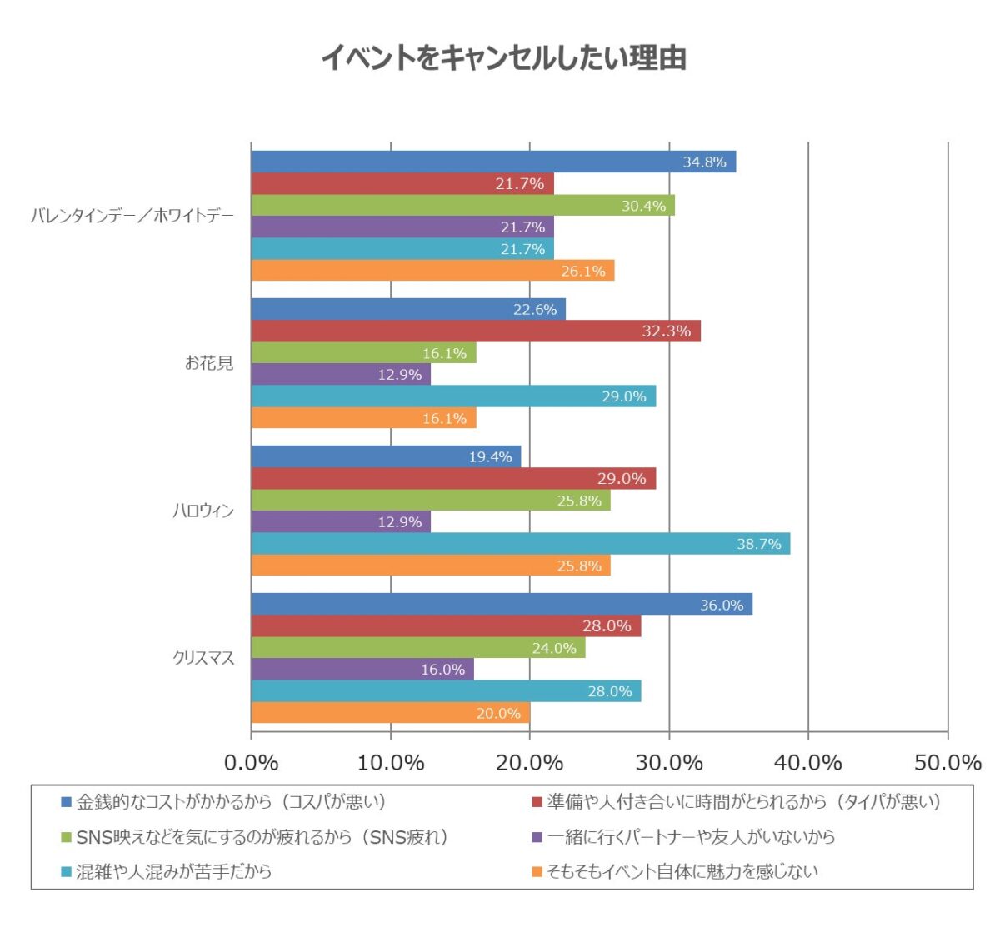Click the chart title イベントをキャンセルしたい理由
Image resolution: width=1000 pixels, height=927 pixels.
503,58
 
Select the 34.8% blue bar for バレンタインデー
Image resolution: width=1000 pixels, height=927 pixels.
493,162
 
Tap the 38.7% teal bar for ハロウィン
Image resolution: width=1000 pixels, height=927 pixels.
520,544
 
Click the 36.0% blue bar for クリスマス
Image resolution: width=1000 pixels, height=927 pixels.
502,605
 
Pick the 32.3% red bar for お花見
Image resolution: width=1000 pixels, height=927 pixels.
476,331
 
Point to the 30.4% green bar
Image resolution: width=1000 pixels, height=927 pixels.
462,206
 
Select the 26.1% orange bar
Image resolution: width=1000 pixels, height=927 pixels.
432,271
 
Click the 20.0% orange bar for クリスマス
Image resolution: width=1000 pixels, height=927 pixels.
390,713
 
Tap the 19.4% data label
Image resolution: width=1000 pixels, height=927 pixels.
490,457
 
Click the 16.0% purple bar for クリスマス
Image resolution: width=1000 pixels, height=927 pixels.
362,670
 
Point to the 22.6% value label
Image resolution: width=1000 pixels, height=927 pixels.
534,310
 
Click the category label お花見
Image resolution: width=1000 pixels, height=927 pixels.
209,363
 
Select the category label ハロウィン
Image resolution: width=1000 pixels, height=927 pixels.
202,511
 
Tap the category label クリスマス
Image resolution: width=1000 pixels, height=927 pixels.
203,659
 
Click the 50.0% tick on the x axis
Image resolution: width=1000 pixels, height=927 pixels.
947,763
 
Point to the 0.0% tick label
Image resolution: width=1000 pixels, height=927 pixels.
251,763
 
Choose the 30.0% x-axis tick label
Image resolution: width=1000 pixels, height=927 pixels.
669,763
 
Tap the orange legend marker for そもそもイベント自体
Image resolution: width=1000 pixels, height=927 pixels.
537,872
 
